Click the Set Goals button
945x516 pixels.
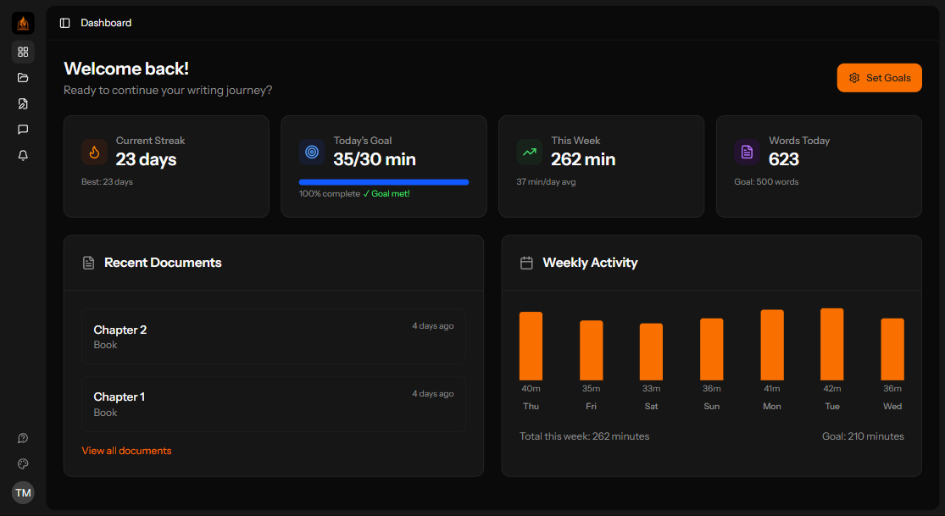(879, 78)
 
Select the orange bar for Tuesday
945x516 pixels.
(831, 344)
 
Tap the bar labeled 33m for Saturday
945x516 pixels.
(651, 352)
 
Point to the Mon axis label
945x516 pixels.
(771, 407)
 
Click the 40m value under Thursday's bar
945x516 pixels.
(531, 389)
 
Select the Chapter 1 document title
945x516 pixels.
(120, 397)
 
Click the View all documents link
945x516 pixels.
(126, 451)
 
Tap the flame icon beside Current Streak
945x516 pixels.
(94, 152)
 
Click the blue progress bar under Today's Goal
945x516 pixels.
(383, 182)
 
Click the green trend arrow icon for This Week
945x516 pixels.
(529, 152)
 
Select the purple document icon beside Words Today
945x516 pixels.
(747, 152)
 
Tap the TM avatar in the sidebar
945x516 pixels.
(23, 492)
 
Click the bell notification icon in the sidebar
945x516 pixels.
(23, 155)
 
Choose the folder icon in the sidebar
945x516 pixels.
(23, 78)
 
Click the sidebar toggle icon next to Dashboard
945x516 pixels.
(65, 23)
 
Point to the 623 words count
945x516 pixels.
(784, 159)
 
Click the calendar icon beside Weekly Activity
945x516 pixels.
(526, 263)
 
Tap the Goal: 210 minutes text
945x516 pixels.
(863, 436)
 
